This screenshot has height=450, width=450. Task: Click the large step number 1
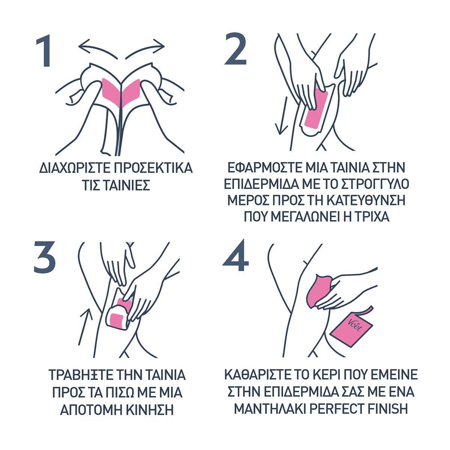[x=44, y=51]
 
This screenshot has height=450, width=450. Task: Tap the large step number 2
[x=235, y=49]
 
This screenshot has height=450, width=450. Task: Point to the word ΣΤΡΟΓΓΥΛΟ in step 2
[x=375, y=184]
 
